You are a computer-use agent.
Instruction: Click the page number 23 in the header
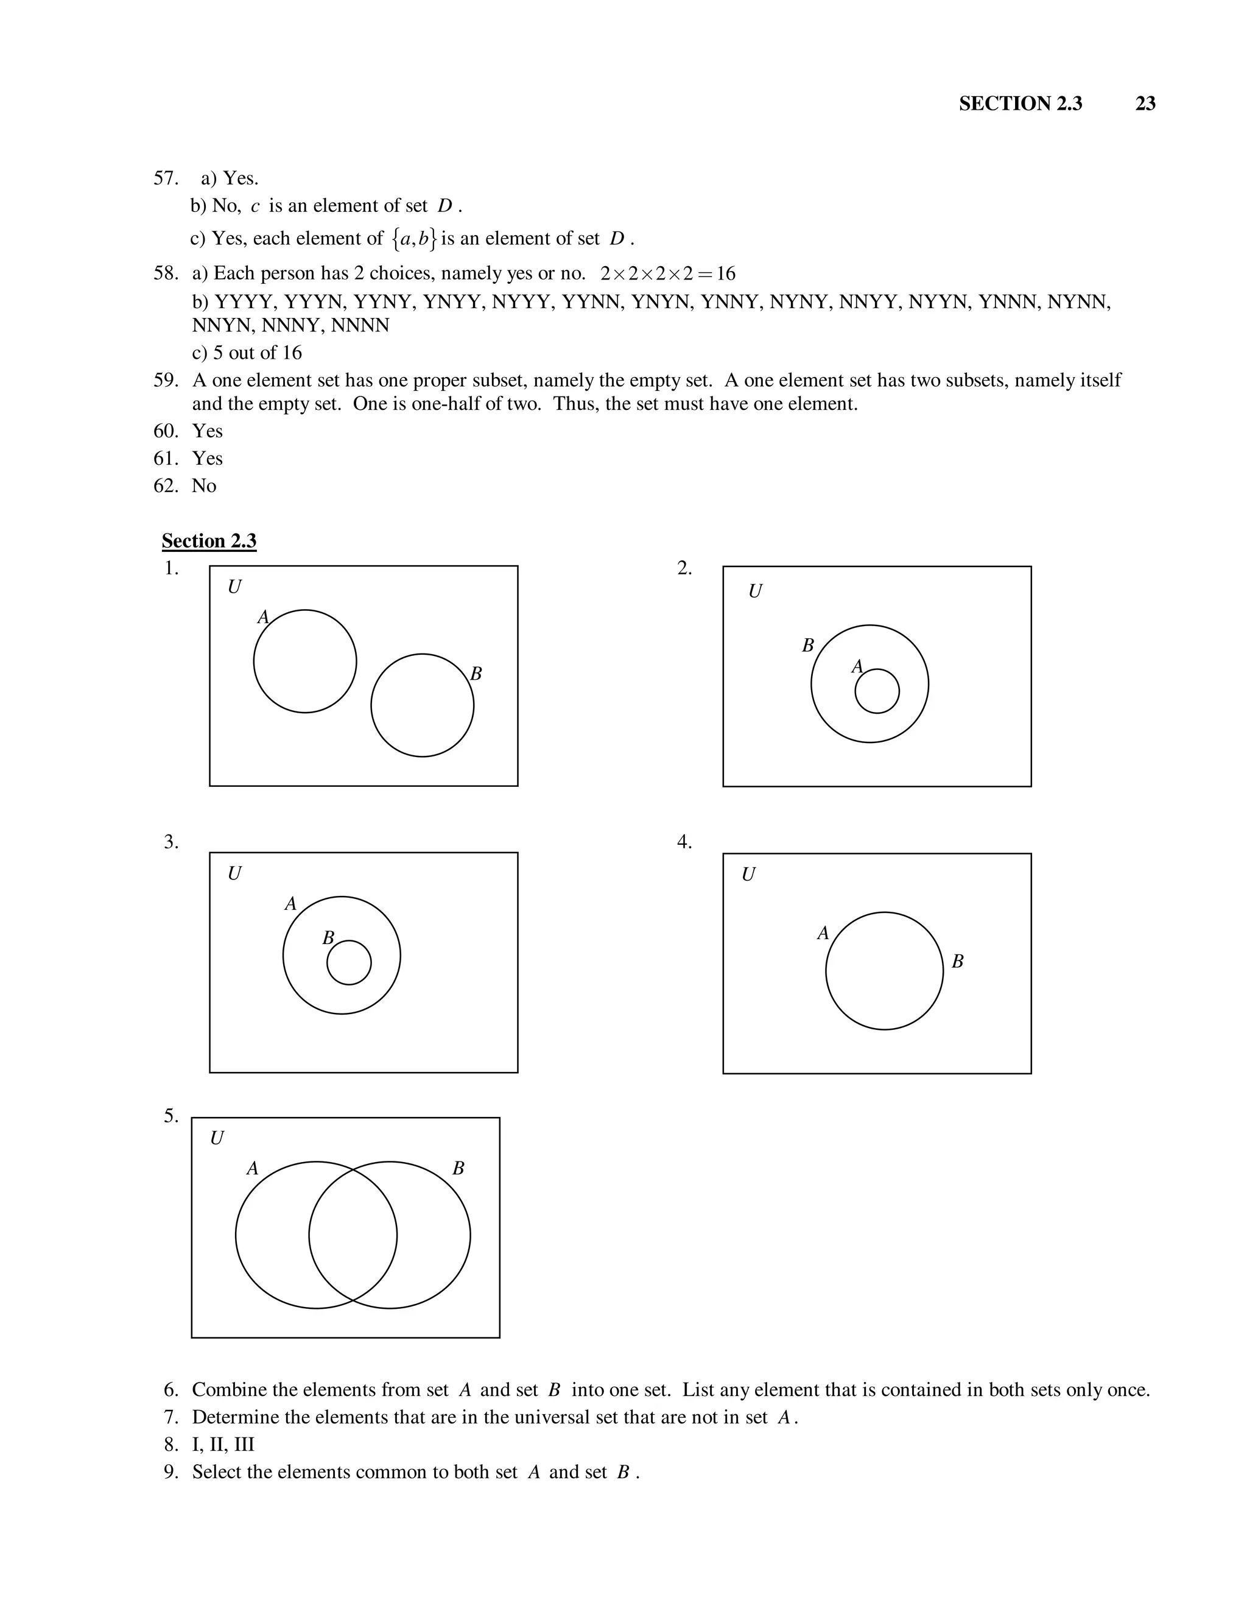coord(1145,104)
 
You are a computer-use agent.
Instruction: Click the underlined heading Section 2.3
coord(209,541)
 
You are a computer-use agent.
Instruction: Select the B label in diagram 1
coord(476,674)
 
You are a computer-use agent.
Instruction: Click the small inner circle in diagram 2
coord(877,691)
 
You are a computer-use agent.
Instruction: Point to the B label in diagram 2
coord(807,646)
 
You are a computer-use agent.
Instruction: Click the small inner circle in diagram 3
coord(349,962)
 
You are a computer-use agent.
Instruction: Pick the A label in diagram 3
coord(290,904)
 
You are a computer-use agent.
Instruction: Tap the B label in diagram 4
coord(957,962)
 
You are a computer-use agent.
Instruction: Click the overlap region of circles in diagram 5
coord(353,1235)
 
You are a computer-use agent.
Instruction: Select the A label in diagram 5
coord(252,1168)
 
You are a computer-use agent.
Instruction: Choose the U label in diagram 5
coord(216,1138)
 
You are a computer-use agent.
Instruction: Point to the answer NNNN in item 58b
coord(360,326)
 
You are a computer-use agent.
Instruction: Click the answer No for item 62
coord(204,485)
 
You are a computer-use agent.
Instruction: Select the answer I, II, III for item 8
coord(223,1444)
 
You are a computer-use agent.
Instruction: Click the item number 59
coord(166,381)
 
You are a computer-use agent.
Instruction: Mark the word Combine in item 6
coord(229,1390)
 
